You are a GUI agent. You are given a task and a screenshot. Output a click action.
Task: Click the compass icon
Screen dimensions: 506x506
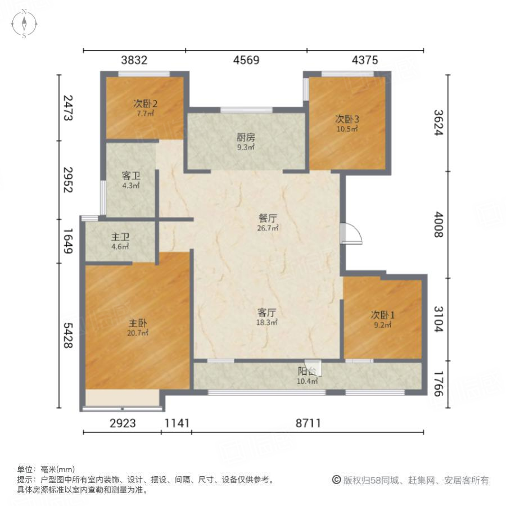coord(25,24)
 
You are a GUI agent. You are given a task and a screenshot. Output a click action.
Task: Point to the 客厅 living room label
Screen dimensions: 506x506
coord(267,313)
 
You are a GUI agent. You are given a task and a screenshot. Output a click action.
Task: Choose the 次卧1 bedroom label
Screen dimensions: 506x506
coord(382,315)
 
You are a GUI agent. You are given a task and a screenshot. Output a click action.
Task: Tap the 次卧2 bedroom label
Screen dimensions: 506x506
coord(145,103)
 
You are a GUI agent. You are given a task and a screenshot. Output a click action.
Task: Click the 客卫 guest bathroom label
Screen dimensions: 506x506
coord(131,175)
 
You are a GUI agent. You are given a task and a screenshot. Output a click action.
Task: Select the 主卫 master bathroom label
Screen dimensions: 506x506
coord(119,237)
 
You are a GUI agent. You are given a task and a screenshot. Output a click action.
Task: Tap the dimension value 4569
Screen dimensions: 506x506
coord(246,60)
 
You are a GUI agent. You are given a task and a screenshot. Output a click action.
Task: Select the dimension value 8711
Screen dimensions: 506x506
coord(308,423)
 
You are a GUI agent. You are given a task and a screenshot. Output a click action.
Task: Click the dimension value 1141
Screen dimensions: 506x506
coord(177,423)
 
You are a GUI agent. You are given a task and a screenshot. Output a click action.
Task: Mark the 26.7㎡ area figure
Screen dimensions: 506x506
coord(268,228)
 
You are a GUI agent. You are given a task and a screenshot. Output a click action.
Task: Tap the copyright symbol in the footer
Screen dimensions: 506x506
coord(336,480)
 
